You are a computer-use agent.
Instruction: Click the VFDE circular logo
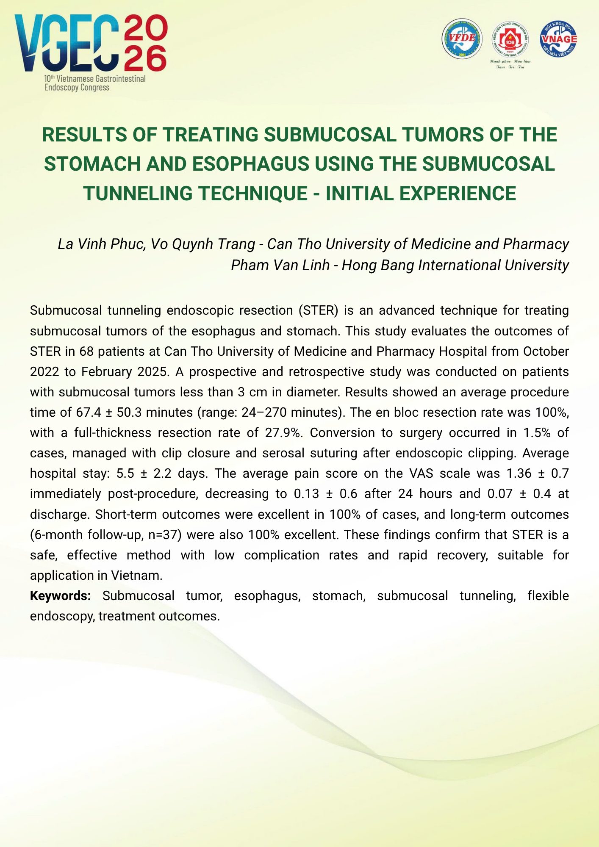[x=462, y=39]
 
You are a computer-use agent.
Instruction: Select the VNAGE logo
[x=558, y=39]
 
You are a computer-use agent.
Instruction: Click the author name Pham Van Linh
[x=280, y=265]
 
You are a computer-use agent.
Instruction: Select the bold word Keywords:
[x=61, y=596]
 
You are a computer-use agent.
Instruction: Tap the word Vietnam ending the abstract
[x=136, y=576]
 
